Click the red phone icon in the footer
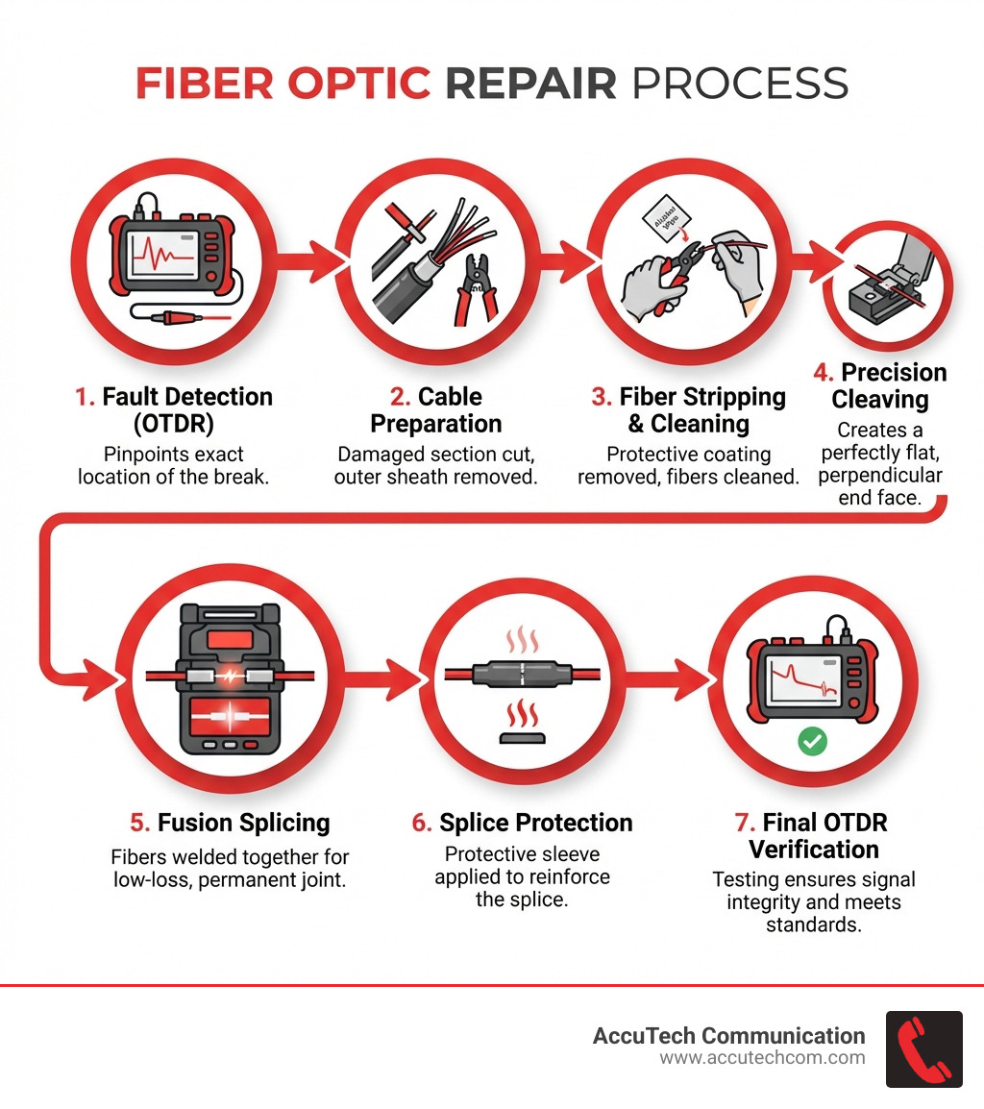click(923, 1048)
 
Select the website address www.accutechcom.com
click(762, 1058)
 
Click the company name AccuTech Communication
click(728, 1035)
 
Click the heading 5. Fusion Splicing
click(230, 823)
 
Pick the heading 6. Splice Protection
click(522, 823)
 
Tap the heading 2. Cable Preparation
click(435, 410)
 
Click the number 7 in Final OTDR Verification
click(740, 823)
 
